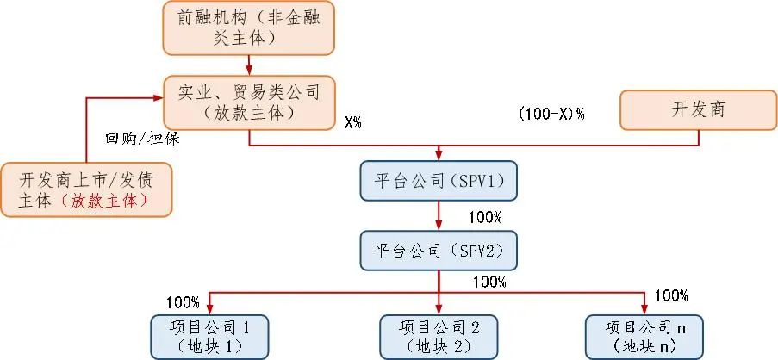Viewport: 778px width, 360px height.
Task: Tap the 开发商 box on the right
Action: click(x=698, y=109)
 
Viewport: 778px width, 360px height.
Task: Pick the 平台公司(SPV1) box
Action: click(x=439, y=181)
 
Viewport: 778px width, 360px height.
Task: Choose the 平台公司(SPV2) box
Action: click(x=439, y=251)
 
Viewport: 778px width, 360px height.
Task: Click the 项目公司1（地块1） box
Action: click(x=210, y=336)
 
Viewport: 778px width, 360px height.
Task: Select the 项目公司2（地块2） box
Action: click(x=439, y=336)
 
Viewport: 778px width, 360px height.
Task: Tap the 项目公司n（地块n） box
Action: click(x=644, y=336)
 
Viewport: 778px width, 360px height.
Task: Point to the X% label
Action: click(x=352, y=122)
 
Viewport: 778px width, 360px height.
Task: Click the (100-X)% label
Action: click(x=552, y=113)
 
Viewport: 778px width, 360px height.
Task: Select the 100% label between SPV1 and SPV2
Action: click(x=483, y=216)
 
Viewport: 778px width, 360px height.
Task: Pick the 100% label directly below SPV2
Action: click(x=489, y=281)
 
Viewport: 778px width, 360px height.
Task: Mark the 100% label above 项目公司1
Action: click(x=184, y=302)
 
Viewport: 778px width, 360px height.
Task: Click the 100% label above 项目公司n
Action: click(x=671, y=296)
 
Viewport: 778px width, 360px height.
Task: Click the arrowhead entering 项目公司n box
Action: click(x=644, y=309)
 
